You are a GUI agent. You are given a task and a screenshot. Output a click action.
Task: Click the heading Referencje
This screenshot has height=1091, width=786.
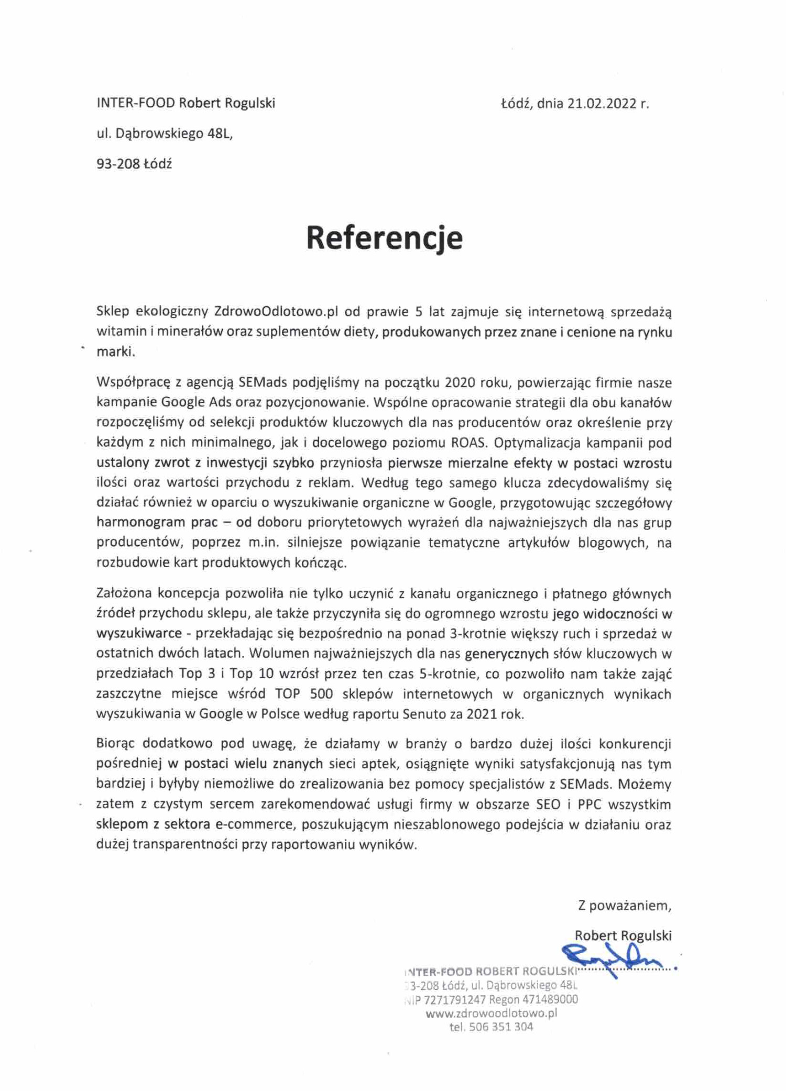click(384, 238)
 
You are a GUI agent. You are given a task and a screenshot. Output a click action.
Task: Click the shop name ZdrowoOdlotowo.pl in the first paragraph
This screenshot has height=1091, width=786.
click(276, 312)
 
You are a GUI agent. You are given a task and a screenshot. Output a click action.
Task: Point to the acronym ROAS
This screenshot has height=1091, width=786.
click(469, 443)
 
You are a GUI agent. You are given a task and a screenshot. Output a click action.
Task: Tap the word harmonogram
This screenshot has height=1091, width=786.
click(134, 522)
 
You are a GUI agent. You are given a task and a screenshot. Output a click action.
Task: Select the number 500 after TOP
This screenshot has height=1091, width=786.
click(321, 694)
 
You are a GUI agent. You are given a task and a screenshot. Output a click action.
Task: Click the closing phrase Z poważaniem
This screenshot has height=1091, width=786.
click(624, 906)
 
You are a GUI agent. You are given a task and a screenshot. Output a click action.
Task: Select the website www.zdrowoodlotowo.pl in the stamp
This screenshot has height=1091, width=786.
click(491, 1013)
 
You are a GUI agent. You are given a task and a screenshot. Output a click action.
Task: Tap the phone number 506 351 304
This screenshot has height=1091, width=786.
click(501, 1027)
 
